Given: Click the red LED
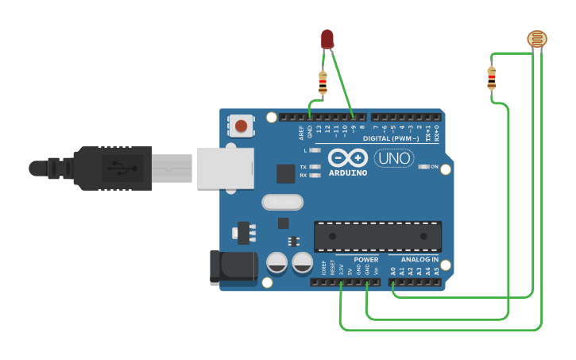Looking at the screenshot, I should click(x=327, y=39).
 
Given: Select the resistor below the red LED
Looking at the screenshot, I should click(x=323, y=82).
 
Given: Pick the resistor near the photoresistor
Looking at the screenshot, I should click(x=492, y=77).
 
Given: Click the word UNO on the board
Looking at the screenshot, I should click(x=393, y=158).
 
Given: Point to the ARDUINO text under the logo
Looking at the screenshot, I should click(x=348, y=172).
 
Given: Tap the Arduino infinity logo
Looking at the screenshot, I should click(x=347, y=158).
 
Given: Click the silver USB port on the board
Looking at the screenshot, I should click(x=225, y=168).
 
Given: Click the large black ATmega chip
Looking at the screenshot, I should click(x=377, y=236).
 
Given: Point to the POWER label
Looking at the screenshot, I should click(x=366, y=260).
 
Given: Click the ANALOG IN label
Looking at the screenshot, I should click(x=419, y=260).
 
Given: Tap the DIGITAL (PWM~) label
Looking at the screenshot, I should click(x=398, y=138).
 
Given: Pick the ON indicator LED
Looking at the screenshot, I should click(x=424, y=167).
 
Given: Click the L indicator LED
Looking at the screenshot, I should click(x=315, y=150).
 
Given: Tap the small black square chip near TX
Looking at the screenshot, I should click(x=286, y=174).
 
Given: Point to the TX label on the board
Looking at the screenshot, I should click(x=303, y=167).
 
